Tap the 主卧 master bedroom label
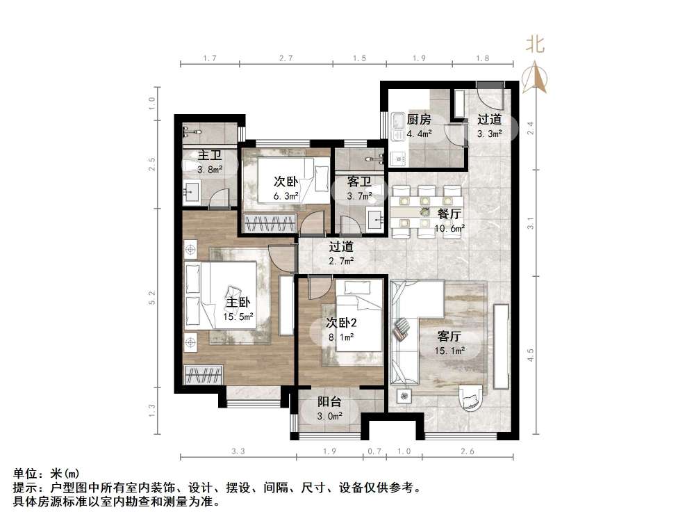[238, 303]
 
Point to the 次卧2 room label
[341, 322]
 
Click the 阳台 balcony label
[329, 401]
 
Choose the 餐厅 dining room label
[450, 214]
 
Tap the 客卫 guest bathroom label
[358, 182]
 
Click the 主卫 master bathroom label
[210, 155]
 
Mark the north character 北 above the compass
[534, 45]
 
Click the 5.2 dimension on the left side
[153, 298]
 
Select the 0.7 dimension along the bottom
[375, 451]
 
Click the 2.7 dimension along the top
[285, 59]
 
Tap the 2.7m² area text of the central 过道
[341, 261]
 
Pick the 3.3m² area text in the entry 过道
[489, 134]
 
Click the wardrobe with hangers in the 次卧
[270, 225]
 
